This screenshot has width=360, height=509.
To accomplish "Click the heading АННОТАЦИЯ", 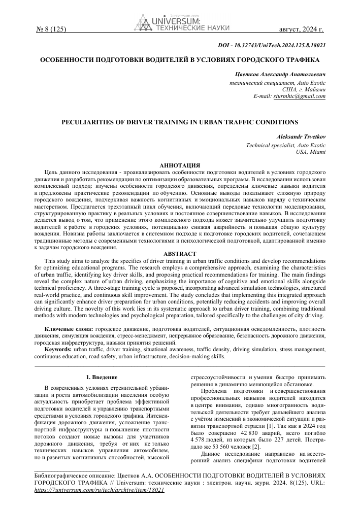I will pyautogui.click(x=180, y=165).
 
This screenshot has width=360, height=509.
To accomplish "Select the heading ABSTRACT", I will pyautogui.click(x=180, y=253).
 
